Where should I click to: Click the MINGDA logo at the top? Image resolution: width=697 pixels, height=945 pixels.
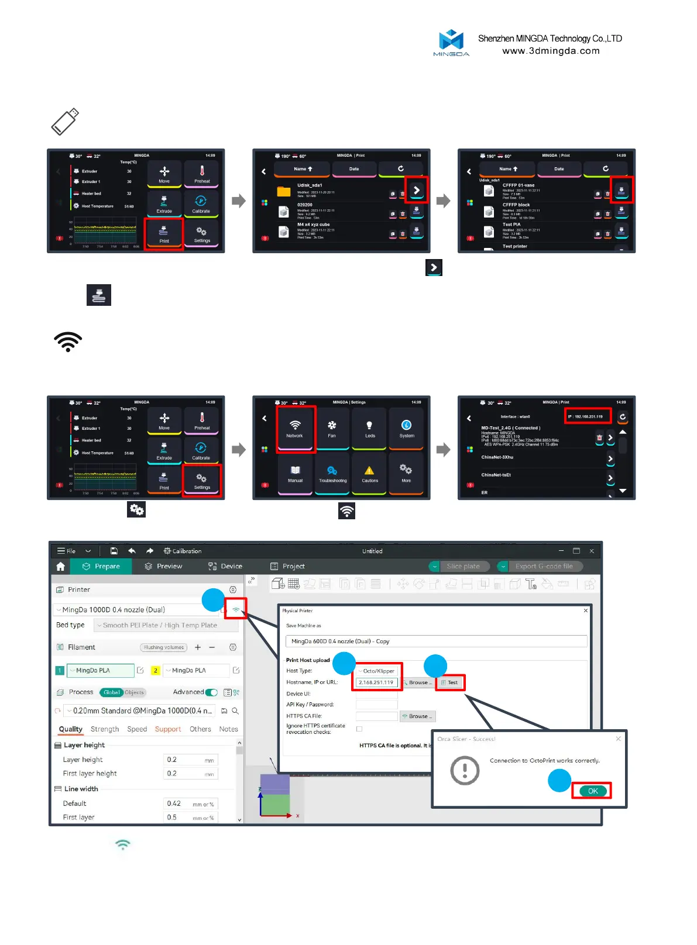(451, 42)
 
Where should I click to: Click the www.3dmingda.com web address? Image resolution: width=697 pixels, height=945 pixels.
(551, 51)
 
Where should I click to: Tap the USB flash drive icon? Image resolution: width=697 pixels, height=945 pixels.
(65, 122)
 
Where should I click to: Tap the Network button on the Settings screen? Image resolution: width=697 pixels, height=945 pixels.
(296, 429)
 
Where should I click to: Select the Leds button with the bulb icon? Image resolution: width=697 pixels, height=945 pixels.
(369, 429)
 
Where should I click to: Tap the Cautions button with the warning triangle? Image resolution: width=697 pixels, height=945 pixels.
(369, 474)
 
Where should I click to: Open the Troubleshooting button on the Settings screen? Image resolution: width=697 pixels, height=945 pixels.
(332, 474)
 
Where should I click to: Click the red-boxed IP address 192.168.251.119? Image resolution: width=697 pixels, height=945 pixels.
(588, 416)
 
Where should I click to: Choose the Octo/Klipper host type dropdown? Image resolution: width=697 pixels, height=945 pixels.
(377, 671)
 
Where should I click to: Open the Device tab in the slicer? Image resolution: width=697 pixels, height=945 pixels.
(225, 566)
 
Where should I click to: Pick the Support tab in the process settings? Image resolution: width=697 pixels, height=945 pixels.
(168, 729)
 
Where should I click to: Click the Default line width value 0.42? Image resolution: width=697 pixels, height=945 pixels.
(174, 803)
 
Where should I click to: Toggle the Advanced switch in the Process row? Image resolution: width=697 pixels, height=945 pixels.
(211, 692)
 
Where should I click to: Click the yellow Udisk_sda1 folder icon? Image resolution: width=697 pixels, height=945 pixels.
(284, 192)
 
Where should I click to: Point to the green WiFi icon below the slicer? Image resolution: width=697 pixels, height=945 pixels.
(123, 844)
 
